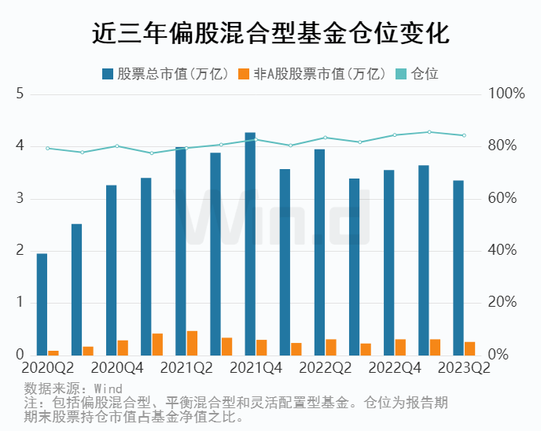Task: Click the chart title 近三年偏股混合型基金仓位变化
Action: [270, 34]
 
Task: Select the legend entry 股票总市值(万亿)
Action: [165, 74]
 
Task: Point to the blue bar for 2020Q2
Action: [42, 304]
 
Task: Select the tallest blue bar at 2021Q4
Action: [250, 244]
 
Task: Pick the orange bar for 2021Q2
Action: [192, 343]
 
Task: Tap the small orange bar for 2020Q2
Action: [53, 352]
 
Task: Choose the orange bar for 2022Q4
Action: [400, 347]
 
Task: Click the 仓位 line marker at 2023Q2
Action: [464, 135]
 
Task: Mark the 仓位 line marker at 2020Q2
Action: [47, 148]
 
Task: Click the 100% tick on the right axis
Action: [506, 94]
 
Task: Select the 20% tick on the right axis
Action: [502, 303]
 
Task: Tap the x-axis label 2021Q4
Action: [256, 367]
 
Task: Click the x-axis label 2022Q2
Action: [325, 367]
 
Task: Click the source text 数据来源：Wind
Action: [73, 388]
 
